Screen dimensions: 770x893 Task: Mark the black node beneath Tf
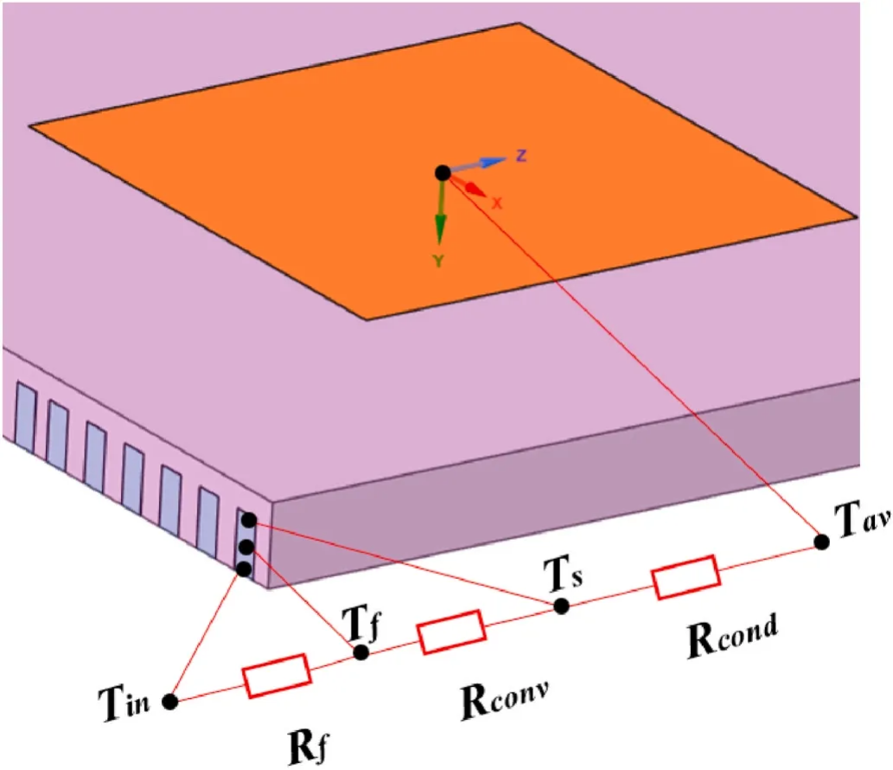(361, 651)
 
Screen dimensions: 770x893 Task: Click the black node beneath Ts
(562, 606)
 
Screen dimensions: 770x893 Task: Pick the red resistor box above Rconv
(450, 632)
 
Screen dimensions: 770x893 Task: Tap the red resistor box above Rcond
(686, 576)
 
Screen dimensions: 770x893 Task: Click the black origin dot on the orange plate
(443, 173)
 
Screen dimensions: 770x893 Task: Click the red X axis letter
(497, 202)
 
